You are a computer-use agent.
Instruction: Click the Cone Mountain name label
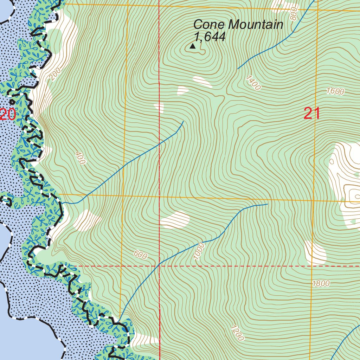point(238,25)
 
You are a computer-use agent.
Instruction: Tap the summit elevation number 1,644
point(209,37)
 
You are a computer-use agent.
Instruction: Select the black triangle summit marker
point(192,46)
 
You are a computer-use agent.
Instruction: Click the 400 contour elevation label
point(80,159)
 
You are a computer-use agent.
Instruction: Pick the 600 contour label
point(140,255)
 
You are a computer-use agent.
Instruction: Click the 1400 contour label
point(253,83)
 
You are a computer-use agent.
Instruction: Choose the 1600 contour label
point(335,91)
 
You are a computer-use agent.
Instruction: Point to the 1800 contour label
point(321,284)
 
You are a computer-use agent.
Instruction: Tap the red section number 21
point(312,114)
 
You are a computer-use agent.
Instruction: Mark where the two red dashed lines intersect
point(160,266)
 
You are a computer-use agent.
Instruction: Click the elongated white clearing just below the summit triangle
point(202,82)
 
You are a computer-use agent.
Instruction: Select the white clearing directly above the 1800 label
point(315,252)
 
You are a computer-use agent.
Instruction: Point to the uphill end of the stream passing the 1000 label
point(268,204)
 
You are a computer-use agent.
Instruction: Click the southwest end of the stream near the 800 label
point(238,69)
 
